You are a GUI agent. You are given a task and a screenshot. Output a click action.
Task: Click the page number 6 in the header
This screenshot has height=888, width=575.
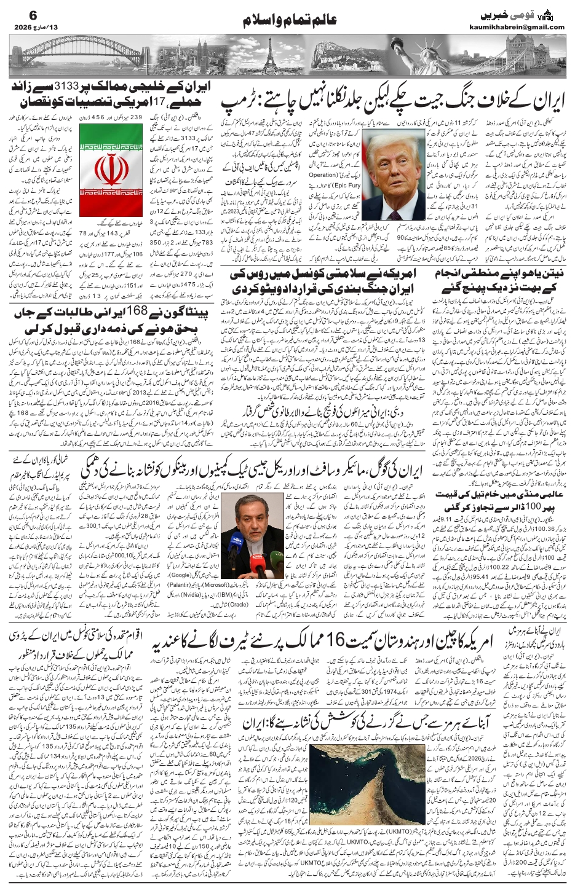click(x=18, y=14)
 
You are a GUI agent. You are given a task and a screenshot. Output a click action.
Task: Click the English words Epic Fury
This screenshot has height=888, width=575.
click(x=347, y=184)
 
